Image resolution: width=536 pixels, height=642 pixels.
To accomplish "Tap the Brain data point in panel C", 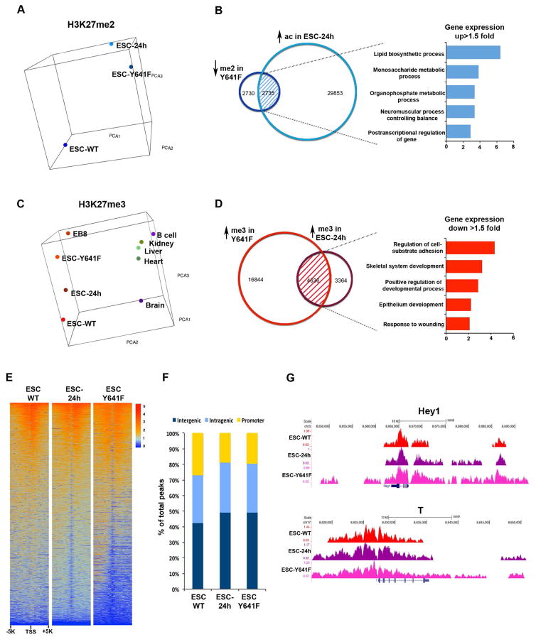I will (141, 302).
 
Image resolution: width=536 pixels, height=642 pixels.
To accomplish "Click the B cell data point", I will (152, 234).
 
